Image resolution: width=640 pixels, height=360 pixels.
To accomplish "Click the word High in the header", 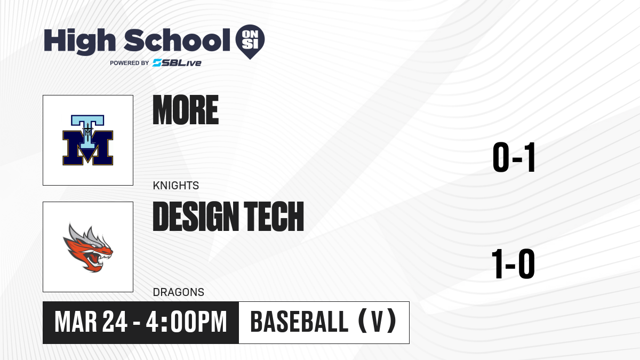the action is click(x=79, y=41).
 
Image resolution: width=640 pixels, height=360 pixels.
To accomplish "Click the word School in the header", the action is click(x=177, y=39).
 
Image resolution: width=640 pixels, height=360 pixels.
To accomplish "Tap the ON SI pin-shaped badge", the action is click(x=250, y=42).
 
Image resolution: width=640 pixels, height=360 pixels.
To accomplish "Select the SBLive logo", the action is click(x=177, y=63).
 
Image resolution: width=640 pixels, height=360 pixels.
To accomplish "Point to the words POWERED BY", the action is click(x=130, y=63).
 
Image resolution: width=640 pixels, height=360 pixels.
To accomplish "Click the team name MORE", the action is click(x=186, y=110).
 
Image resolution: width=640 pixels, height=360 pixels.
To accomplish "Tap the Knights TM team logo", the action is click(x=87, y=140).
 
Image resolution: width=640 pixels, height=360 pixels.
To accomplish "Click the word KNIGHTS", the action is click(x=175, y=186).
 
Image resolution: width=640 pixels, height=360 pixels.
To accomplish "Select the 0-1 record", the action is click(x=514, y=157).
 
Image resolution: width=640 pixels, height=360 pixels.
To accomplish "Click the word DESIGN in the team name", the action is click(x=196, y=216).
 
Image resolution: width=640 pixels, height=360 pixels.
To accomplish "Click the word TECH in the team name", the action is click(x=274, y=216).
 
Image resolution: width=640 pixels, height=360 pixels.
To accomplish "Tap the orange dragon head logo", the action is click(x=88, y=247).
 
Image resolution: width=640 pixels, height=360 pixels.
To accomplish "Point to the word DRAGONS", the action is click(x=179, y=292).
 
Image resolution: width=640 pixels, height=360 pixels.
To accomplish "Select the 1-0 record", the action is click(x=513, y=263).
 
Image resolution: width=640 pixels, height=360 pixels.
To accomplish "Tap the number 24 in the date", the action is click(x=115, y=322).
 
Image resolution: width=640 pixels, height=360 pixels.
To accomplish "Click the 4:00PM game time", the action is click(x=186, y=322).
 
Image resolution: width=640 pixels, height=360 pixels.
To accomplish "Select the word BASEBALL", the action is click(x=299, y=322).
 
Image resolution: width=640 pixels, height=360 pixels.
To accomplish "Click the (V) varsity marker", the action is click(x=377, y=321).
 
